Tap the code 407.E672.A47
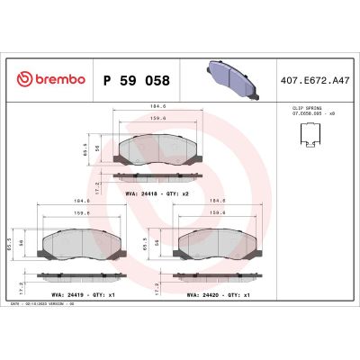pos(316,80)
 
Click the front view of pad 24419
pos(76,239)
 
